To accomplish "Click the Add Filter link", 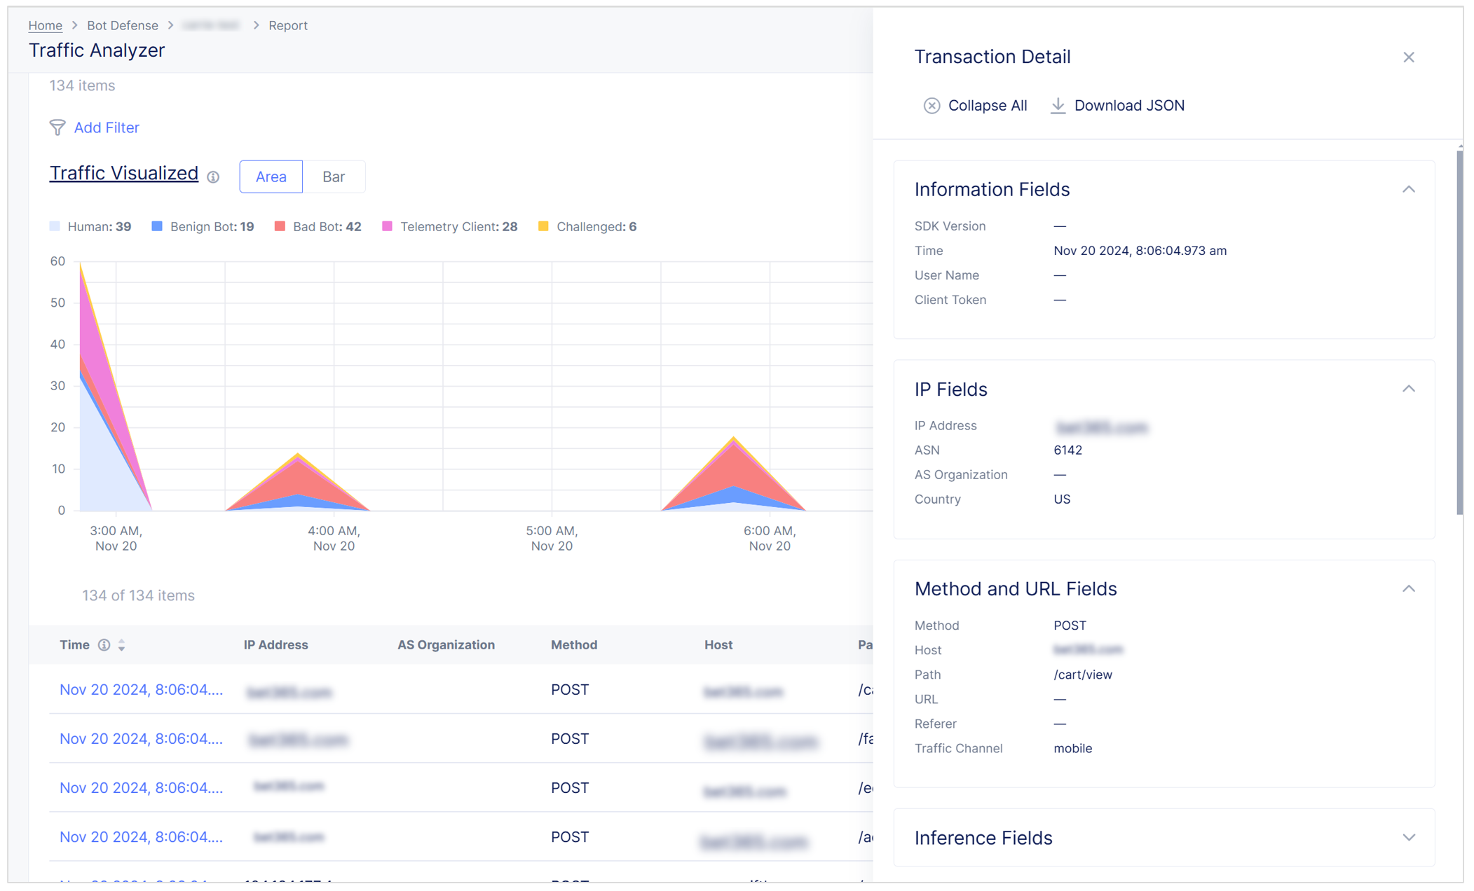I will point(106,127).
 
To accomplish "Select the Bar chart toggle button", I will point(333,177).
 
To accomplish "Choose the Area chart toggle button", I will point(271,177).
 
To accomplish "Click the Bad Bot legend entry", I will point(318,226).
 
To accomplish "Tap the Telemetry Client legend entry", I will point(449,226).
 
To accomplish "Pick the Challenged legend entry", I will point(587,226).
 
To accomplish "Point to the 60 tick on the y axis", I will point(57,261).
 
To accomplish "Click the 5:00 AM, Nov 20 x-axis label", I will point(552,538).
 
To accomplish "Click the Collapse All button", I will point(975,106).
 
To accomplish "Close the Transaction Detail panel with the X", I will point(1409,57).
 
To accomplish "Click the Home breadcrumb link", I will point(45,25).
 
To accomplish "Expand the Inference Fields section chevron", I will point(1409,838).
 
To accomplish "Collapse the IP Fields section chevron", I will point(1409,389).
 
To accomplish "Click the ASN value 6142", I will point(1067,450).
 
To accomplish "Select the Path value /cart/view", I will point(1083,675).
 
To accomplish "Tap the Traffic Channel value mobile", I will point(1072,748).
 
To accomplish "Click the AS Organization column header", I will point(446,644).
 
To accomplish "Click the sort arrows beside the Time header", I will point(122,645).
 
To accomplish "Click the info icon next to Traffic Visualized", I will point(213,177).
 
